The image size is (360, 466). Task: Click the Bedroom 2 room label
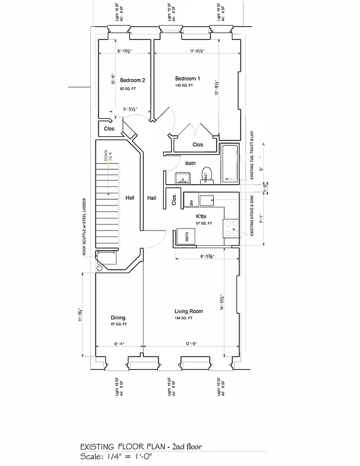click(132, 80)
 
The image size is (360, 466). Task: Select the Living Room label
click(188, 312)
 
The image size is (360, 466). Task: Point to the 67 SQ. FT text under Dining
click(118, 324)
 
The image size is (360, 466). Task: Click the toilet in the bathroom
click(206, 174)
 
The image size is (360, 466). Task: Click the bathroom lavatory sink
click(179, 178)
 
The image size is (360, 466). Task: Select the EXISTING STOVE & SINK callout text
click(252, 216)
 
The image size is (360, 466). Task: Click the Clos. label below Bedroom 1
click(198, 144)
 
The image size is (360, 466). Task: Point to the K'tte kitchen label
click(203, 216)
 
